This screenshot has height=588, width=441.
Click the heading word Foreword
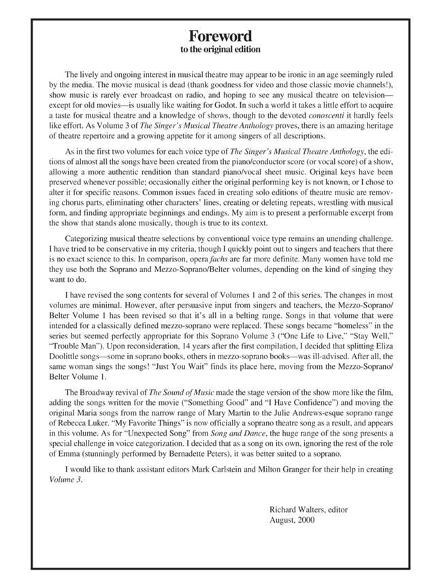220,36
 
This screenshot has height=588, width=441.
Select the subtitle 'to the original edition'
220,50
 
